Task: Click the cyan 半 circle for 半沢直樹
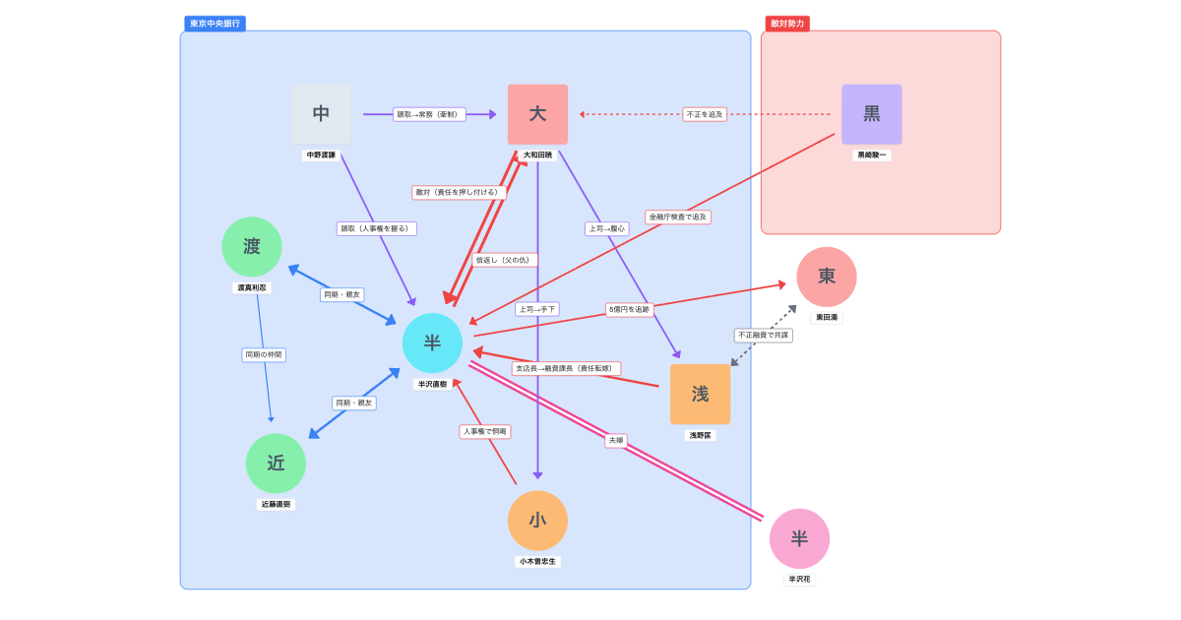[x=432, y=343]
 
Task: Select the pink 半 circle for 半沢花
[x=799, y=538]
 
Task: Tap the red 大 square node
[x=537, y=114]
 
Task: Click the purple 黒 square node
[x=871, y=114]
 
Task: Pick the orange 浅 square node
[x=700, y=394]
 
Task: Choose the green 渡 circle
[x=252, y=247]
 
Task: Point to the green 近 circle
[x=276, y=464]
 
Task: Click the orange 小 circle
[x=537, y=521]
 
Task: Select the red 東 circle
[x=826, y=277]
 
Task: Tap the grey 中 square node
[x=321, y=114]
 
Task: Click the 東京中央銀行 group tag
[x=215, y=24]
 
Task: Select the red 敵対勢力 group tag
[x=787, y=24]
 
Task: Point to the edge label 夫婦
[x=616, y=441]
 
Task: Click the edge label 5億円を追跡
[x=629, y=310]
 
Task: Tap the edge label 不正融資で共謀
[x=763, y=336]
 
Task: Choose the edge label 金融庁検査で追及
[x=678, y=217]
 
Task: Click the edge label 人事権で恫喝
[x=485, y=431]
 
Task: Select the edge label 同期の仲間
[x=264, y=354]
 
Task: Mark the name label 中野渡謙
[x=321, y=155]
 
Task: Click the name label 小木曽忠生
[x=537, y=562]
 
